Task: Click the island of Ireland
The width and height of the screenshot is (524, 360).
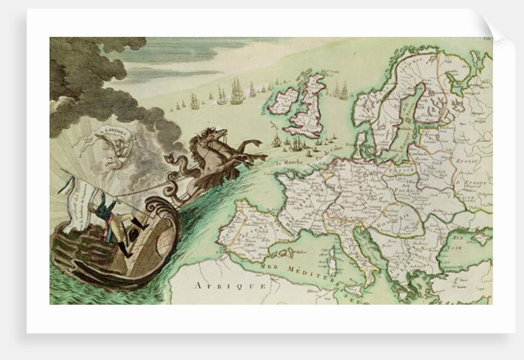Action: [x=284, y=100]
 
